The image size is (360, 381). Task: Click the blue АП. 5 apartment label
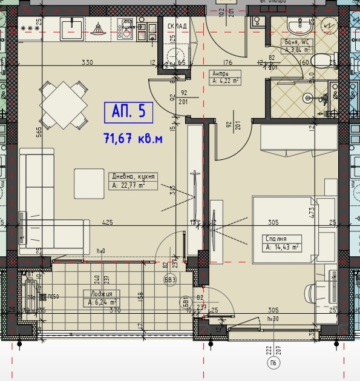tap(128, 111)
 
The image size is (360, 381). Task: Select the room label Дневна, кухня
tap(133, 177)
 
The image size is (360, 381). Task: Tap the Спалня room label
tap(275, 239)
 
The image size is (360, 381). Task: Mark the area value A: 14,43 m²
tap(281, 247)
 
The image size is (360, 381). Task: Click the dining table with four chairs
tap(63, 104)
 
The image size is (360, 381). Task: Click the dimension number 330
tap(88, 62)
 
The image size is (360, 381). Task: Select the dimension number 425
tap(108, 222)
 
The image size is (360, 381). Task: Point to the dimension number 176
tap(227, 62)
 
